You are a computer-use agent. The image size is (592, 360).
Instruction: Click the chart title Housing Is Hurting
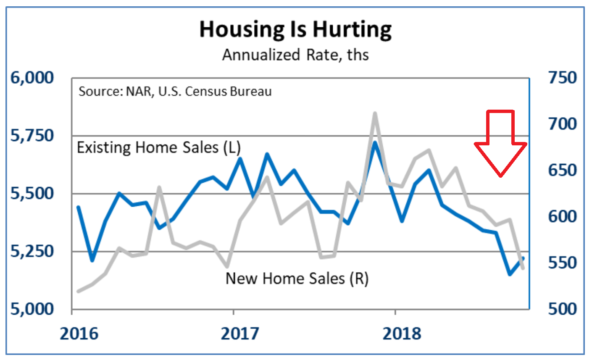[x=295, y=29]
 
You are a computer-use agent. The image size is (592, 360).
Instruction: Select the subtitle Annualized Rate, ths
[x=295, y=55]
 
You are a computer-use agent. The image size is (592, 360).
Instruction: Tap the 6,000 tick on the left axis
[x=32, y=78]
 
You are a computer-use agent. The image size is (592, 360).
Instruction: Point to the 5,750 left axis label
[x=32, y=136]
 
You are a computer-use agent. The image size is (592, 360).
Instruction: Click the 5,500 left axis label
[x=32, y=194]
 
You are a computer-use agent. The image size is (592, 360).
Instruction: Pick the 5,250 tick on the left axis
[x=32, y=251]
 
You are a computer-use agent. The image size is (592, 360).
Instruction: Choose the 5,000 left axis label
[x=32, y=309]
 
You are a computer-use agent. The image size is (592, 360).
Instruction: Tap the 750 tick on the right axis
[x=563, y=78]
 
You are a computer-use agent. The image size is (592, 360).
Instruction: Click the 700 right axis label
[x=563, y=124]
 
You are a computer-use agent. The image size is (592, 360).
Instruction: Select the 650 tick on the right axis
[x=563, y=171]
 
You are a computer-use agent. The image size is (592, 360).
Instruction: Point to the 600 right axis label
[x=563, y=217]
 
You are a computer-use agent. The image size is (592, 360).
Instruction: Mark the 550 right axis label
[x=563, y=263]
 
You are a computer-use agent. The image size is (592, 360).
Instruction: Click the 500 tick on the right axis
[x=563, y=309]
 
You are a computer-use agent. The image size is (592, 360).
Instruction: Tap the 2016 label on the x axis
[x=79, y=334]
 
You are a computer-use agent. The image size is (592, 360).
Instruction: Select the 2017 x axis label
[x=240, y=334]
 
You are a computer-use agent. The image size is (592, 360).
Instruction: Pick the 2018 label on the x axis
[x=402, y=334]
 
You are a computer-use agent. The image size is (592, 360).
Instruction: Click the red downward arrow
[x=500, y=143]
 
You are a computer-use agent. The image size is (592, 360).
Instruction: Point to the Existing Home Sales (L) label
[x=159, y=148]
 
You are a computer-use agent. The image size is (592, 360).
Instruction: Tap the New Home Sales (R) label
[x=297, y=279]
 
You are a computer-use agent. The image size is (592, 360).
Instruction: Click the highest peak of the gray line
[x=374, y=113]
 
